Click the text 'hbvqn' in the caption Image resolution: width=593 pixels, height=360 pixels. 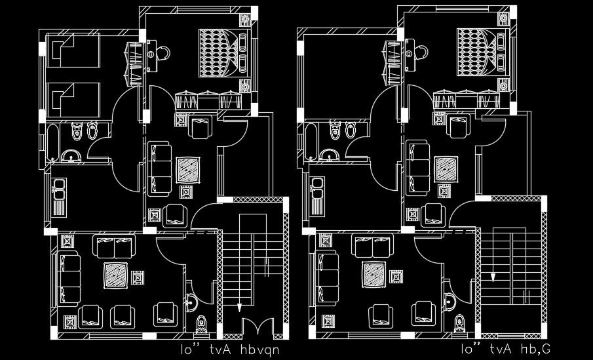[x=258, y=350]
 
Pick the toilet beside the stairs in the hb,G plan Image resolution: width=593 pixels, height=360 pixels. [x=460, y=323]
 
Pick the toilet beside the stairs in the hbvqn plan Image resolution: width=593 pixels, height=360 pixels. [x=202, y=323]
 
